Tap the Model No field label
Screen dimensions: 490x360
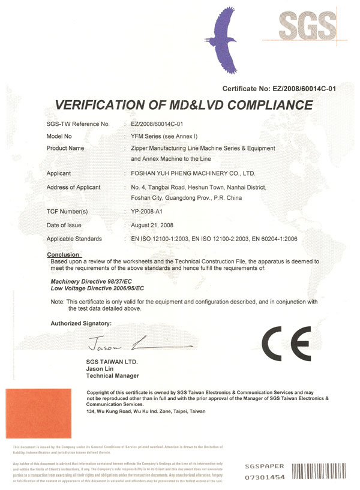point(62,136)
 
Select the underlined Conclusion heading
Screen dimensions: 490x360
point(63,255)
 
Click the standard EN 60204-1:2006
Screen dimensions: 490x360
point(268,239)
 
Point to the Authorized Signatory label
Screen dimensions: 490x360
point(82,323)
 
